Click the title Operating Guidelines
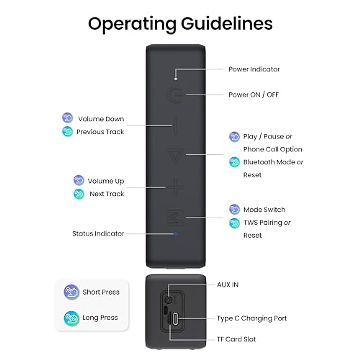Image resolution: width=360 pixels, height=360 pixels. (x=180, y=23)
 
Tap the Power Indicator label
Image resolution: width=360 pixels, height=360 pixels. (x=254, y=69)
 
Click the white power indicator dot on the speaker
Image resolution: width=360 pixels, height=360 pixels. (x=175, y=79)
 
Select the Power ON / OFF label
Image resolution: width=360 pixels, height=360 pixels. (x=253, y=95)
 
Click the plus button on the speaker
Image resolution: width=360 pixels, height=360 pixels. (x=175, y=188)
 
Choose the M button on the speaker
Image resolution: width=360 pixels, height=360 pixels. (x=175, y=217)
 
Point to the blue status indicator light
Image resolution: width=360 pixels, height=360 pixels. (x=176, y=233)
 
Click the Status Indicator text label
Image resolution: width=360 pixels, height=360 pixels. (x=98, y=234)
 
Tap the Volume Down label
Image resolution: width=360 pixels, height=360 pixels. (x=101, y=119)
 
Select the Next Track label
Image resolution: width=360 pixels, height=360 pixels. (x=107, y=194)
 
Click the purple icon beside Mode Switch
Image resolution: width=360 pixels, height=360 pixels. (x=234, y=209)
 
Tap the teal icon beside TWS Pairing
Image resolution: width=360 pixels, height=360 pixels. (x=234, y=223)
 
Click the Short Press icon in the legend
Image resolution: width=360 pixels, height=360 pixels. (x=71, y=292)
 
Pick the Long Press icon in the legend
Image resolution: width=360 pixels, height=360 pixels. (x=71, y=318)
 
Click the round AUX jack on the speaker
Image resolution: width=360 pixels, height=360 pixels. (x=169, y=300)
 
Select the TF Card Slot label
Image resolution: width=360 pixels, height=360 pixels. (x=236, y=339)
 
